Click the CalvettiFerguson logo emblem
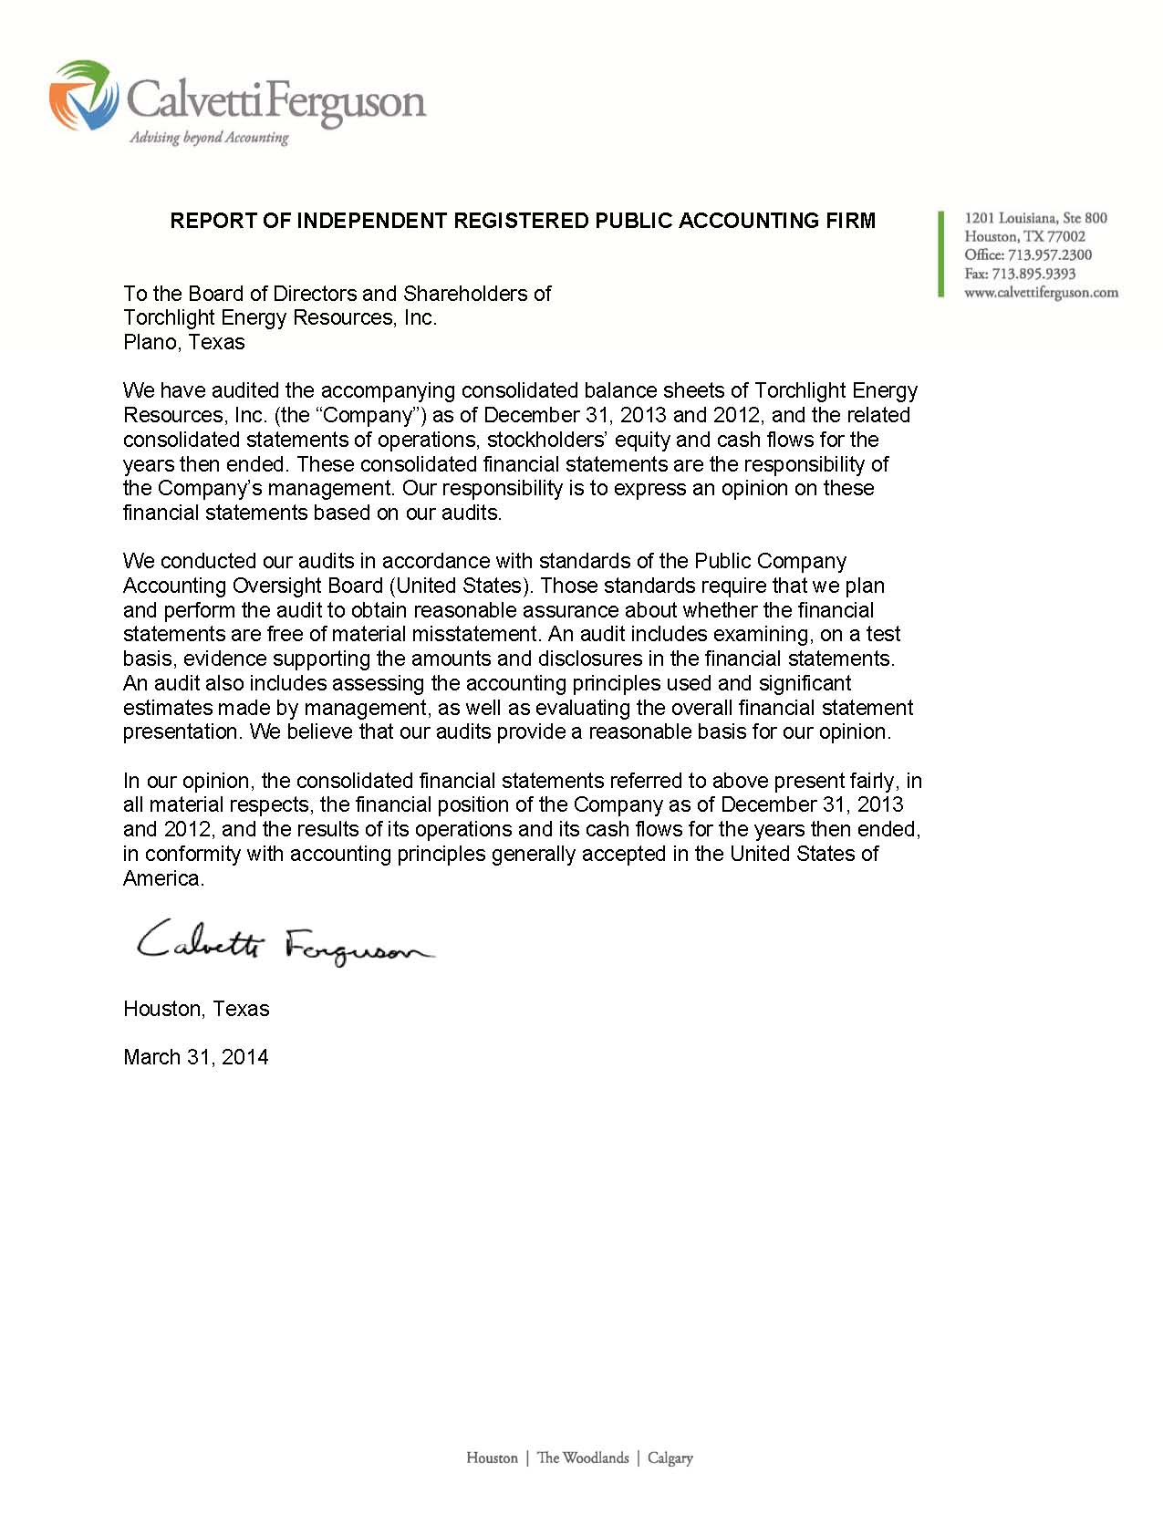pos(84,95)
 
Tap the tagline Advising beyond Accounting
pos(209,139)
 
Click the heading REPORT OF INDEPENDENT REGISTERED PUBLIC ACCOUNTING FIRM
pos(523,221)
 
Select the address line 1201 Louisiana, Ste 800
pos(1035,218)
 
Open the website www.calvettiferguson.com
pos(1041,293)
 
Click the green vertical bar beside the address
pos(940,253)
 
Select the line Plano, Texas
pos(184,343)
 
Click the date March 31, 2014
pos(196,1058)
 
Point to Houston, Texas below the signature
pos(196,1010)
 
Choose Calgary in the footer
pos(670,1458)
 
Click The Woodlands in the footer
pos(583,1458)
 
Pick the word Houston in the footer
pos(492,1458)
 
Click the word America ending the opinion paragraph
pos(162,879)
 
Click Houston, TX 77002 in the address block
pos(1024,237)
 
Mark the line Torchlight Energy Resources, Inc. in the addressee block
pos(280,318)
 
